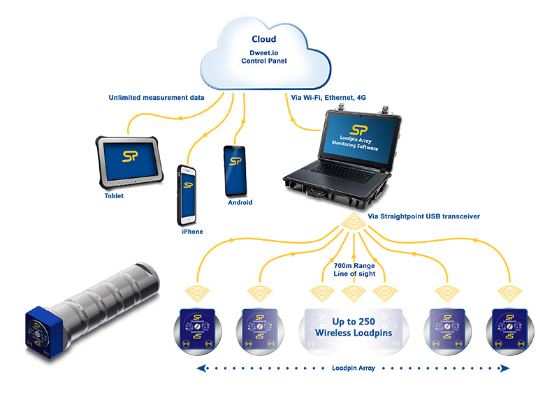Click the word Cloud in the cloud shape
click(263, 39)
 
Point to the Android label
click(240, 202)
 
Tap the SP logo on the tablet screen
click(130, 156)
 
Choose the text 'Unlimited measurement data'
click(157, 98)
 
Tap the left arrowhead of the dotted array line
click(201, 368)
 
